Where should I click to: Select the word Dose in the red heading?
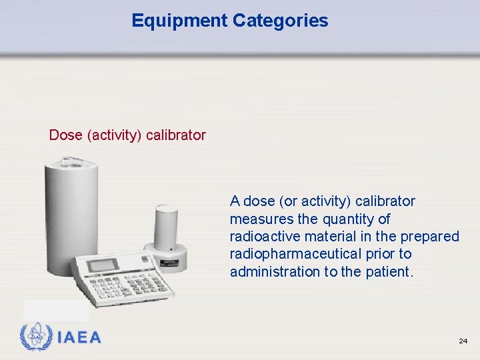[65, 135]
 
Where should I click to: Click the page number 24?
[463, 341]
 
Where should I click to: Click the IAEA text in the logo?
[79, 337]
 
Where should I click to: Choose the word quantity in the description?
[347, 219]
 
